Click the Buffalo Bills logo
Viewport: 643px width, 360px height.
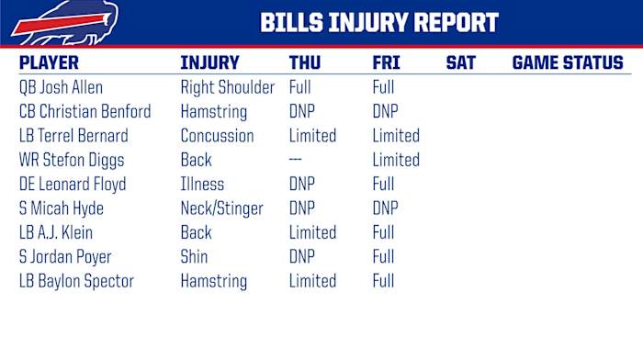click(52, 22)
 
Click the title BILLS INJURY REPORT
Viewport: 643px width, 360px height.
click(378, 23)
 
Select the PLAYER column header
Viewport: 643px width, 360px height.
click(49, 63)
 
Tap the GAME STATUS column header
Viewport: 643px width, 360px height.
click(567, 63)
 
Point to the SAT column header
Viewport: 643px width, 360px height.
click(460, 63)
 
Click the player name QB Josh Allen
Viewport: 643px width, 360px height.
click(61, 88)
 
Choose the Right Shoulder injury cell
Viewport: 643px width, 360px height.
click(227, 88)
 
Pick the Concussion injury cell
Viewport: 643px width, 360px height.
click(217, 136)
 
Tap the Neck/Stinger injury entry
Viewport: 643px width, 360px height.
click(221, 208)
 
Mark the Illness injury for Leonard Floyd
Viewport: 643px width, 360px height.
click(202, 185)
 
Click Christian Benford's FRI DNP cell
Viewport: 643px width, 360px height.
click(385, 112)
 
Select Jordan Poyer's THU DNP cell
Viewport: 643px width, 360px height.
click(302, 257)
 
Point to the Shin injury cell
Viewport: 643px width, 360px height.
click(194, 257)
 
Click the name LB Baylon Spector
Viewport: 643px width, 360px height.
click(76, 281)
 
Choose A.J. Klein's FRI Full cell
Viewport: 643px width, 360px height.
click(383, 232)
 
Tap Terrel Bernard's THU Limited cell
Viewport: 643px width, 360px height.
click(312, 136)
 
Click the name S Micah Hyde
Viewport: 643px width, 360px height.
click(62, 208)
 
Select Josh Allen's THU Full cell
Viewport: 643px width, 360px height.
click(300, 88)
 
